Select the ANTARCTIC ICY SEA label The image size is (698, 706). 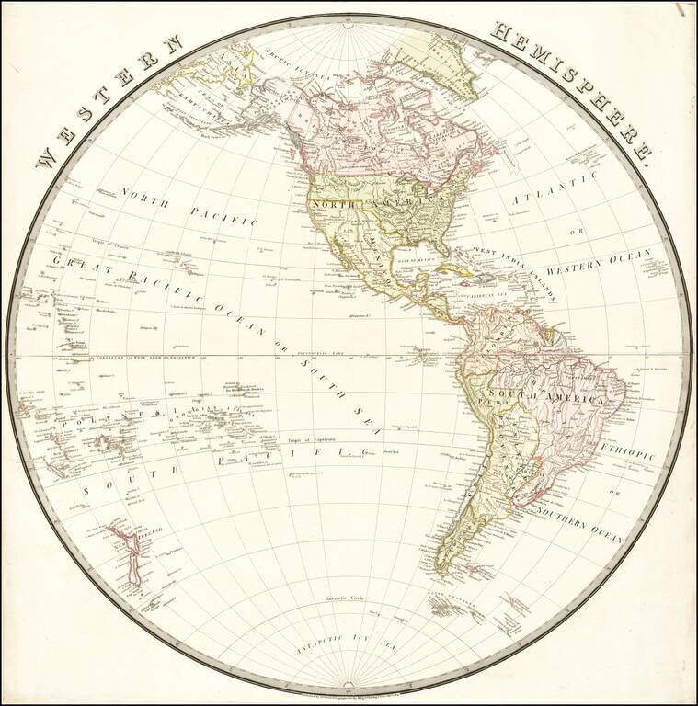[x=349, y=643]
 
